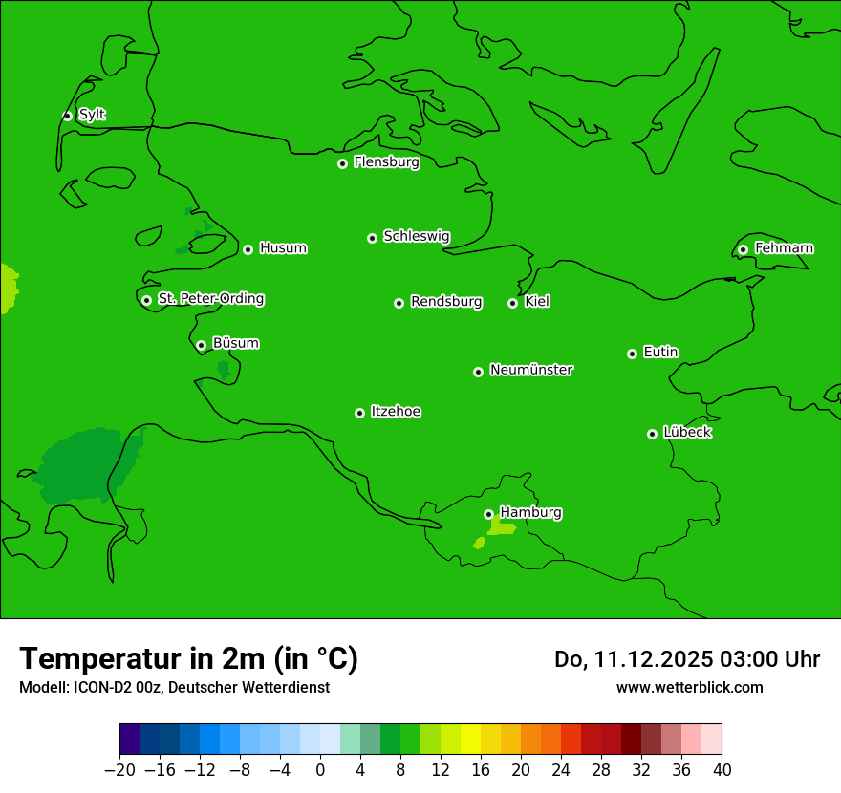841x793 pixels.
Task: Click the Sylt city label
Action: click(92, 115)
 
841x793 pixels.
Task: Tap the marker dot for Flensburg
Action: click(342, 163)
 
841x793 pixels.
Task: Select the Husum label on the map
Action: click(283, 248)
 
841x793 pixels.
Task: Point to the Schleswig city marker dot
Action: click(372, 238)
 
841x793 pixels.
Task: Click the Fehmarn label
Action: click(784, 248)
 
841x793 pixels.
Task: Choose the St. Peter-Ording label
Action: click(210, 299)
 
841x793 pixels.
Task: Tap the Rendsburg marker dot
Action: click(399, 303)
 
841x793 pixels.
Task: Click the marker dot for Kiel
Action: click(512, 303)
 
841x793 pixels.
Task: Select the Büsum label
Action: click(235, 343)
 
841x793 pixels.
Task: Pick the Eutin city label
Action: click(660, 353)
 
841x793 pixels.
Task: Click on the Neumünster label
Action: click(531, 370)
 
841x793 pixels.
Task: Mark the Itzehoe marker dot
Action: click(359, 413)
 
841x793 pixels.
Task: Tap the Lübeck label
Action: click(687, 432)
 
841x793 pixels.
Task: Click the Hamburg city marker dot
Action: click(488, 514)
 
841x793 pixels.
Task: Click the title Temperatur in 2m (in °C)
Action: click(188, 658)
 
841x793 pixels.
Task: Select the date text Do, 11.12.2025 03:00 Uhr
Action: click(686, 659)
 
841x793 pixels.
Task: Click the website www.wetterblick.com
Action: click(689, 687)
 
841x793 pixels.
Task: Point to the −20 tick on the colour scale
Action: click(119, 770)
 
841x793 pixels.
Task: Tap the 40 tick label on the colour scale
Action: click(722, 770)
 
